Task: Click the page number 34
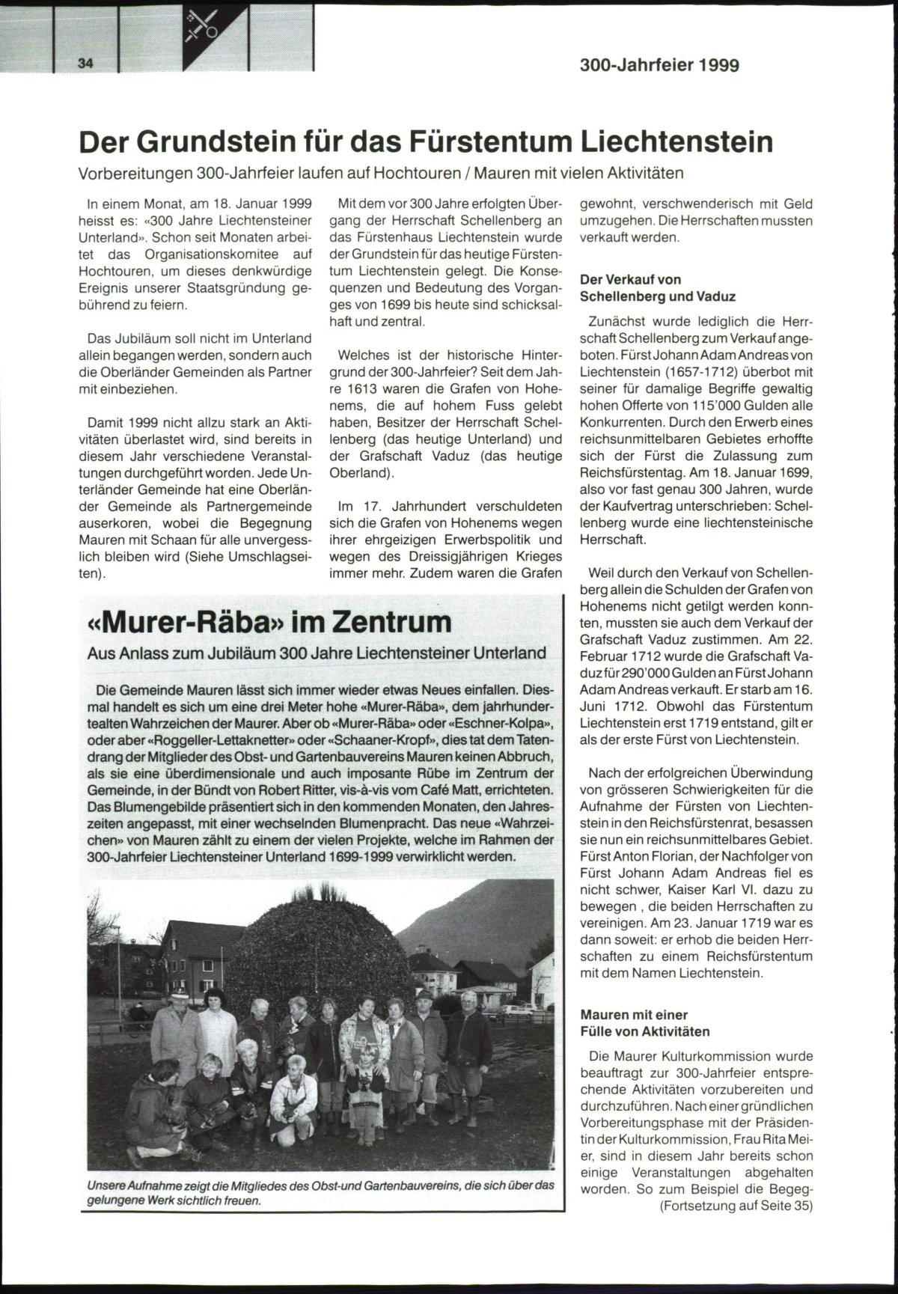pyautogui.click(x=85, y=64)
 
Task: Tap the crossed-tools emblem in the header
pyautogui.click(x=204, y=24)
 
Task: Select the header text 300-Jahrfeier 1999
pyautogui.click(x=659, y=65)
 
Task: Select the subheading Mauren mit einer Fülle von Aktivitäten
pyautogui.click(x=645, y=1023)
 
